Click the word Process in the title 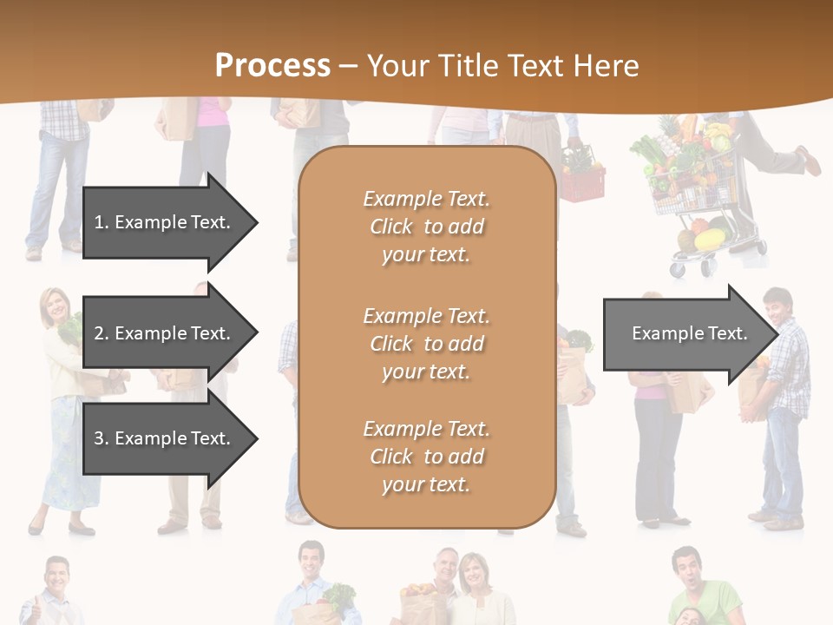click(272, 66)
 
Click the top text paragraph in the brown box click(426, 227)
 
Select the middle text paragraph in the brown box click(426, 344)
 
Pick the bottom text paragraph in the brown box click(426, 457)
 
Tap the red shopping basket click(582, 182)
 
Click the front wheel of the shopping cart click(679, 269)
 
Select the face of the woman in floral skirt click(58, 305)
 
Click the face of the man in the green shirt click(686, 569)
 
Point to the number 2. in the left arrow click(102, 333)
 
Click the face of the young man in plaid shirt click(777, 307)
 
